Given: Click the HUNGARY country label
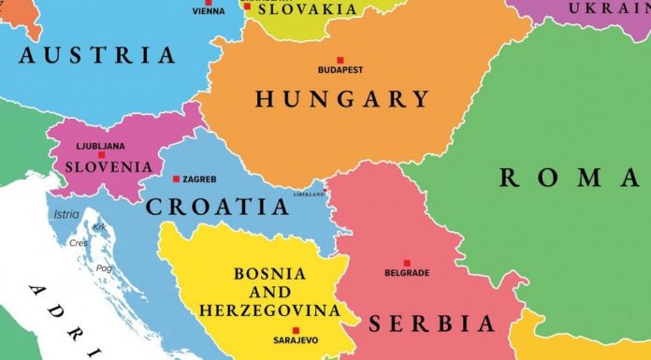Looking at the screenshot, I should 341,99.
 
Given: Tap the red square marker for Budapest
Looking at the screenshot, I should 341,58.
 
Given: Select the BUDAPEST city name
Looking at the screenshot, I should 341,70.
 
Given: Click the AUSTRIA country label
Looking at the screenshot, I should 97,55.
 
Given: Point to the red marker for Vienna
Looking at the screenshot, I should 210,2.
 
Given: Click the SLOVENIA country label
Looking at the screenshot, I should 108,166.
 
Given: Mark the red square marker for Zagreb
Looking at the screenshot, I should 176,179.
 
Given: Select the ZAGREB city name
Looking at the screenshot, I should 201,179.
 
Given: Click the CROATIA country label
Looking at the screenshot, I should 217,207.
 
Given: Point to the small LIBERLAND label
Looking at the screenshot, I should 310,194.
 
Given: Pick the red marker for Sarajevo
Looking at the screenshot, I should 297,329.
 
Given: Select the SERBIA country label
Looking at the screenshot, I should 431,324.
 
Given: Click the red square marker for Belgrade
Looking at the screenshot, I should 407,263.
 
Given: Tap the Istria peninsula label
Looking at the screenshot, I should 66,214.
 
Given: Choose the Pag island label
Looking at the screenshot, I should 103,267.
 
